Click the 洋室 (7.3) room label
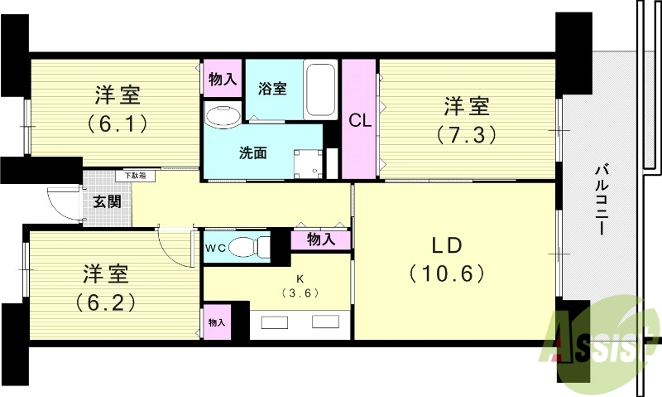click(467, 119)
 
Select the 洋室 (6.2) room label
click(104, 285)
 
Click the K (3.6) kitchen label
click(300, 286)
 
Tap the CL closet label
click(358, 121)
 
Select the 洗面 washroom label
click(252, 153)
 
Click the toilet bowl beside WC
click(247, 247)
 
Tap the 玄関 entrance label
click(106, 201)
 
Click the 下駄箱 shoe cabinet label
click(135, 176)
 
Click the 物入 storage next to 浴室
click(222, 80)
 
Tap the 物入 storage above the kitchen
click(320, 240)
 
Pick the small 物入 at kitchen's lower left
click(216, 322)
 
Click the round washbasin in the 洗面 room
click(220, 115)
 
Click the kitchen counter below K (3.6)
click(300, 327)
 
